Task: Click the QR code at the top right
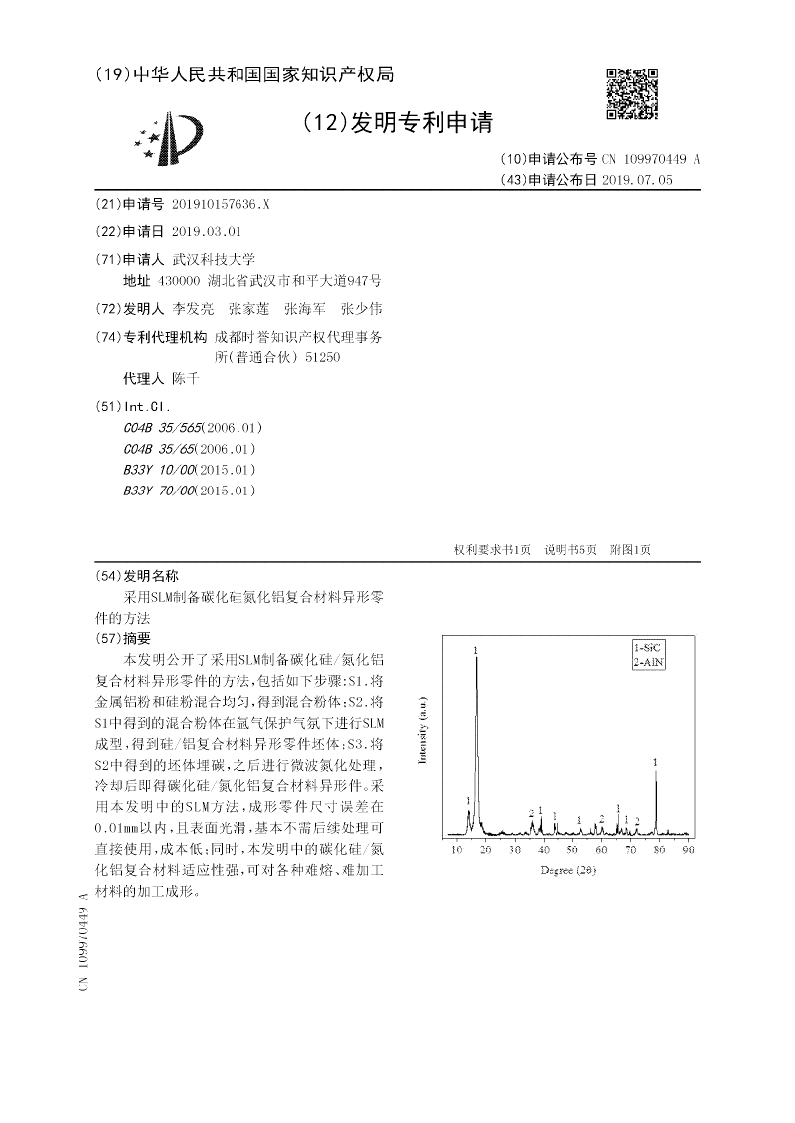tap(631, 93)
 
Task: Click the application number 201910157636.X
tap(221, 204)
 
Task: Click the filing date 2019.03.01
tap(207, 231)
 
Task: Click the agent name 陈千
tap(186, 379)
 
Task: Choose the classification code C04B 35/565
tap(163, 428)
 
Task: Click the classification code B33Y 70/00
tap(160, 491)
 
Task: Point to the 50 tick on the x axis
tap(572, 850)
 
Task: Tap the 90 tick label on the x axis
tap(688, 850)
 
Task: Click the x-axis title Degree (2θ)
tap(568, 870)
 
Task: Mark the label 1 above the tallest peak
tap(477, 650)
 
